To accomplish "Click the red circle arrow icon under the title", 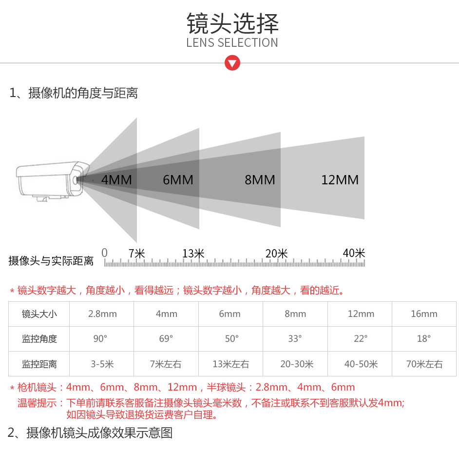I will (x=232, y=63).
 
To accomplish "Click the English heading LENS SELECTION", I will (x=232, y=42).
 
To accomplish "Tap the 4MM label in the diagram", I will (x=116, y=180).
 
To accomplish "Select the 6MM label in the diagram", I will (x=178, y=180).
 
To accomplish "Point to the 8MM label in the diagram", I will (x=260, y=180).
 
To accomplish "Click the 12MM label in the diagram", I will (x=340, y=180).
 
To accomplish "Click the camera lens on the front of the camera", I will (x=76, y=180).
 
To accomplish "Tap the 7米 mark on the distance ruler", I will (x=137, y=254).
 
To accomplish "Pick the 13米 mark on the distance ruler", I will (x=193, y=254).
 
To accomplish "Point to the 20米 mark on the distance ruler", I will (x=276, y=254).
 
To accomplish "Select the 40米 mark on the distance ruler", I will (x=354, y=253).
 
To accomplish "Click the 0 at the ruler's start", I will (x=104, y=253).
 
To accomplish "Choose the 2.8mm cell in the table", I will (x=102, y=314).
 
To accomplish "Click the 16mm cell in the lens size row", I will (x=424, y=314).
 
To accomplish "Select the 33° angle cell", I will (x=295, y=339).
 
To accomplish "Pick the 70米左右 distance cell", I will (x=424, y=364).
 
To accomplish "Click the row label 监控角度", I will (x=39, y=339).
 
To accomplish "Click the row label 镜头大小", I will (x=39, y=314).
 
